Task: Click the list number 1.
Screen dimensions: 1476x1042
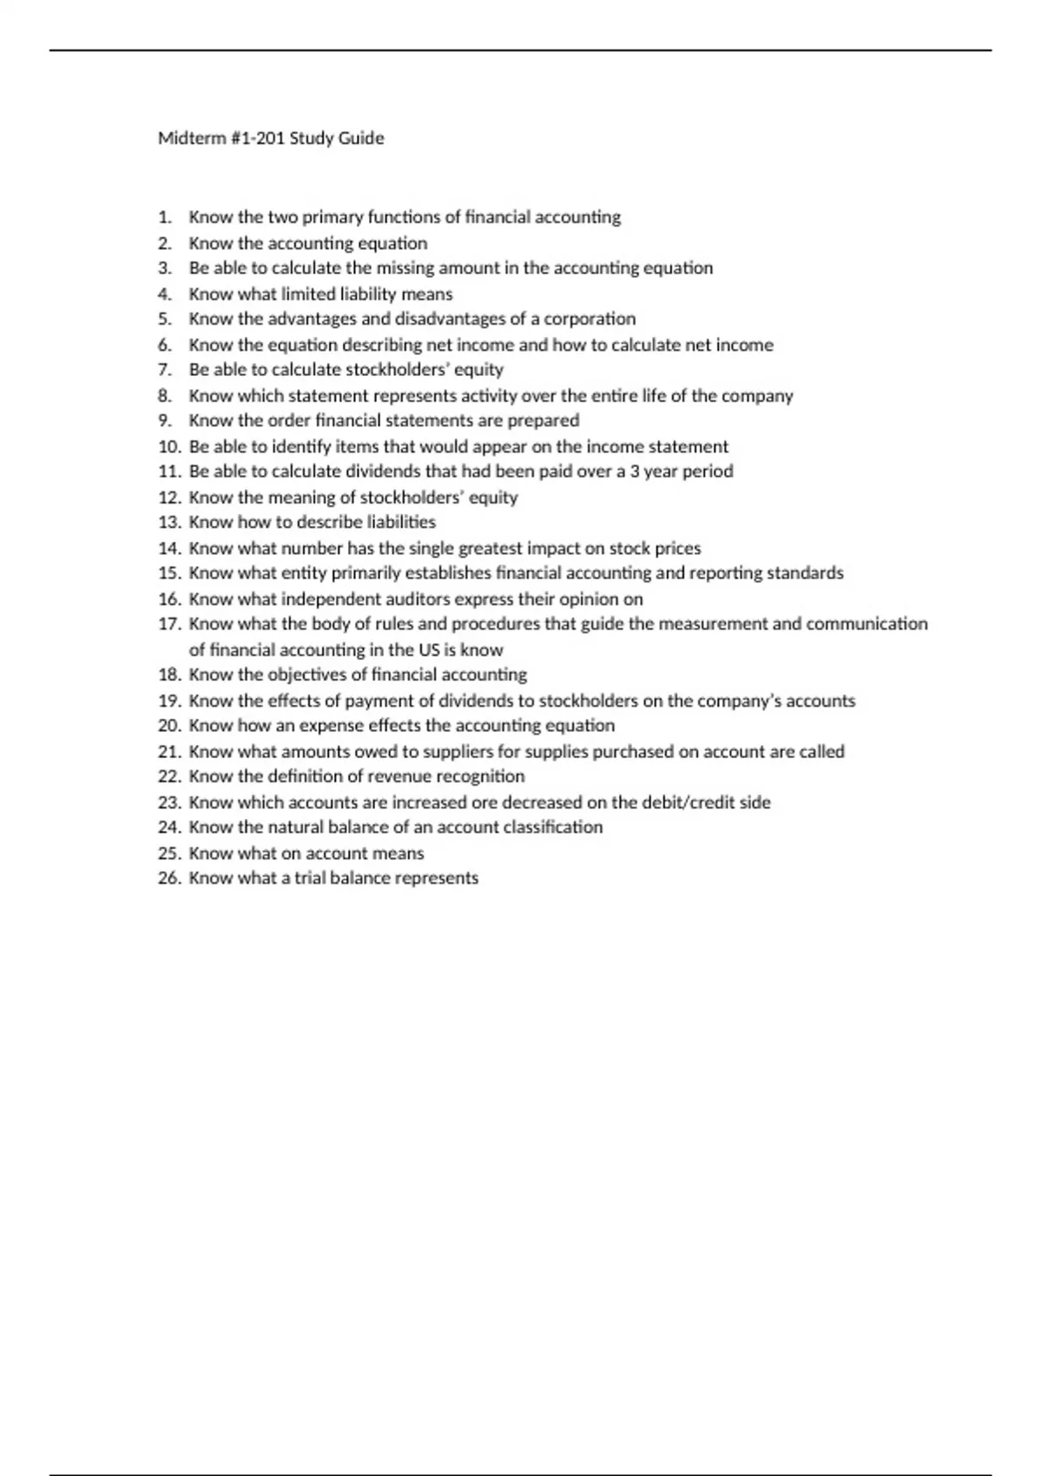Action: click(164, 217)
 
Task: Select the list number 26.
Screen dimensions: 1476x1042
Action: click(168, 878)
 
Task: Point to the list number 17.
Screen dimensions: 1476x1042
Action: click(168, 624)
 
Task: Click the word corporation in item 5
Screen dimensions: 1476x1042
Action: click(590, 319)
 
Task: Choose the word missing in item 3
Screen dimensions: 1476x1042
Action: click(406, 268)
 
